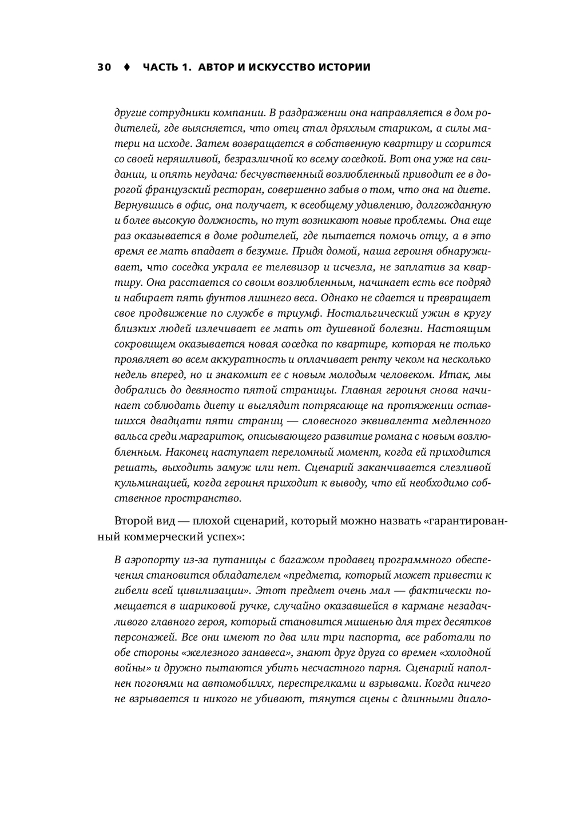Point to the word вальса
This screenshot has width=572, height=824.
(x=130, y=437)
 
